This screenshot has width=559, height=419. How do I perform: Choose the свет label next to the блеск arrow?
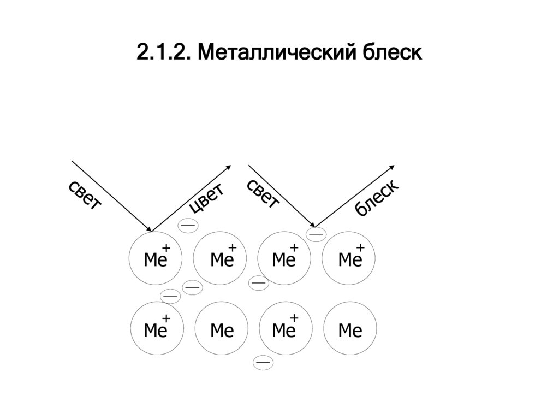263,193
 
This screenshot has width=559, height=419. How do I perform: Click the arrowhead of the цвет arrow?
229,167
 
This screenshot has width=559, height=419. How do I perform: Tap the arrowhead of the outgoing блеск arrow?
392,167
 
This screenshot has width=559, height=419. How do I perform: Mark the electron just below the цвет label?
188,225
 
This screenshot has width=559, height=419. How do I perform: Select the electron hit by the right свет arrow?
316,234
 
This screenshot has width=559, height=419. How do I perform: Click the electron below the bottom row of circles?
264,362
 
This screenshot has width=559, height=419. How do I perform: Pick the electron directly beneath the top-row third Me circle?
258,283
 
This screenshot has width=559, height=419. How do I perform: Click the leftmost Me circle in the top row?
155,259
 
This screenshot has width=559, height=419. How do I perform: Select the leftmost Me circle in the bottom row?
155,329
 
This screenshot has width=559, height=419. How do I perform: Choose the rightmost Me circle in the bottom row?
350,329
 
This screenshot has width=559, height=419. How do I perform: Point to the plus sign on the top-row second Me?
232,249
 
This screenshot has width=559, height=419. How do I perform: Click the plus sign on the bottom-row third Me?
294,318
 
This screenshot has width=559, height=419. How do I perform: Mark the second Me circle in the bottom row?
221,329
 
